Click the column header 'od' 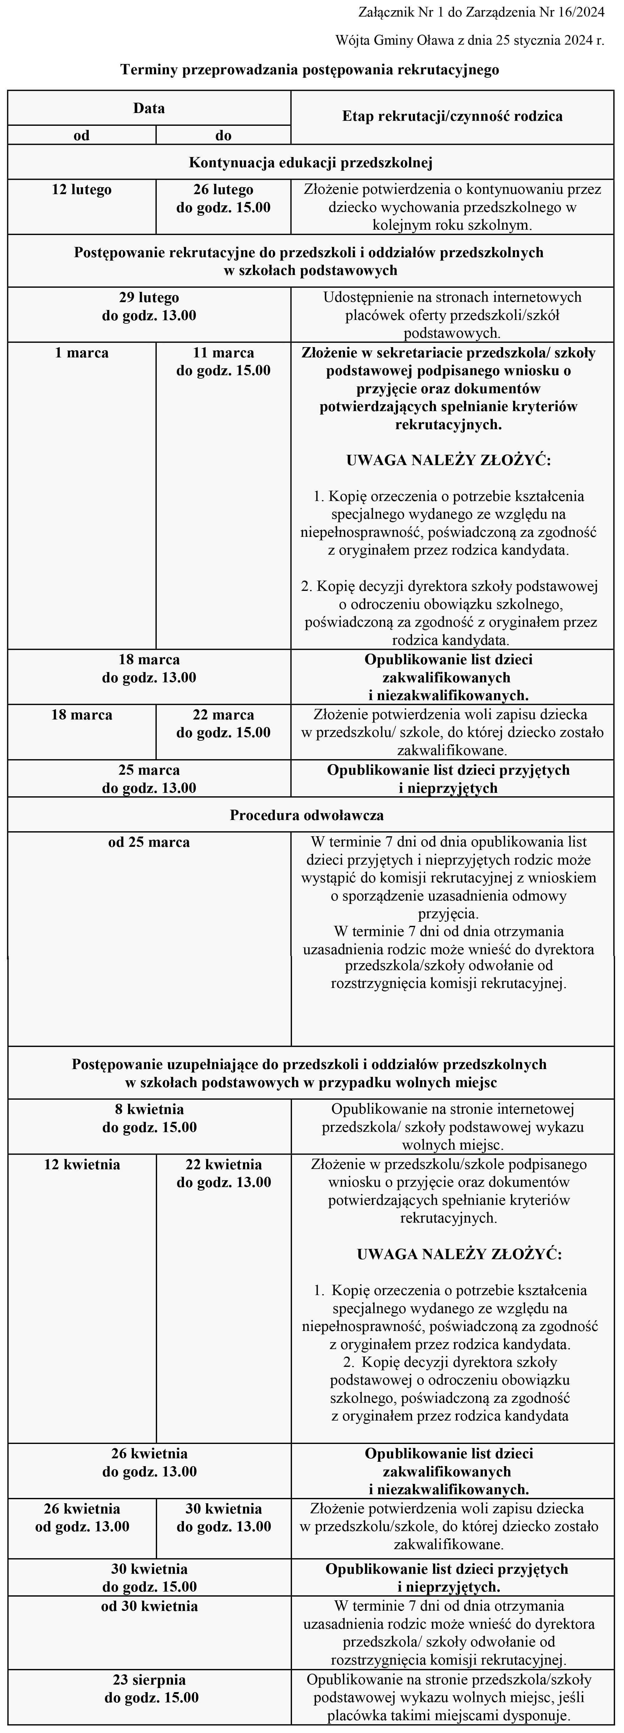click(x=82, y=135)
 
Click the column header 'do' click(x=224, y=135)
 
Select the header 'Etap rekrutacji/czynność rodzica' click(x=452, y=116)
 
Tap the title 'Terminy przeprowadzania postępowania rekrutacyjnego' click(x=310, y=69)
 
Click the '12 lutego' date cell click(x=82, y=190)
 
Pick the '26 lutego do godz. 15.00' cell click(x=224, y=199)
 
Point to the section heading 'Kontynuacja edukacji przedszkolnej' click(x=310, y=162)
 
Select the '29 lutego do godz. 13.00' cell click(x=149, y=306)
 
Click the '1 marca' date click(x=82, y=352)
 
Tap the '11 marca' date click(x=224, y=352)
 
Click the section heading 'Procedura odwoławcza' click(x=307, y=815)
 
